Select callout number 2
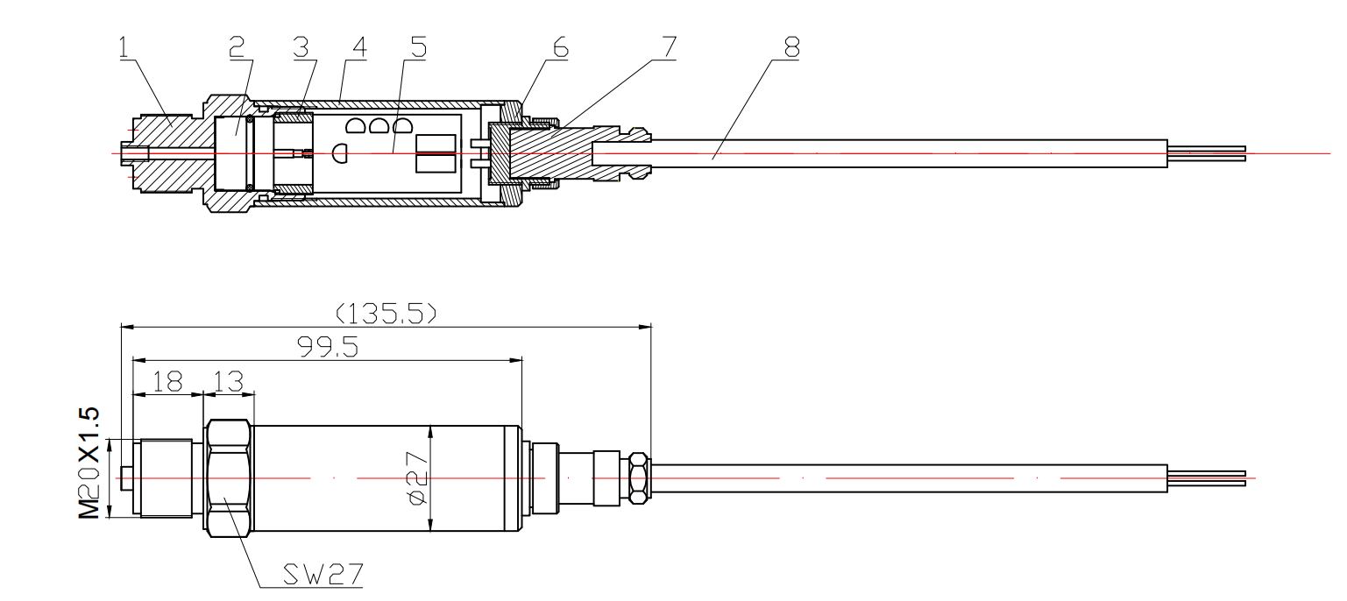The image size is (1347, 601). click(x=237, y=46)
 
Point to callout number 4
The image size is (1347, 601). click(x=358, y=46)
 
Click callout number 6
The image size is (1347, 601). click(x=559, y=46)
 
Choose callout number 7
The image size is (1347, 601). click(x=669, y=46)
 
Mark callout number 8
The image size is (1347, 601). click(x=791, y=46)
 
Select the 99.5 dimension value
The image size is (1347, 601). click(x=327, y=347)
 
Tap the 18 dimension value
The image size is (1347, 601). click(x=168, y=382)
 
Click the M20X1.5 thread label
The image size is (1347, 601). click(x=90, y=463)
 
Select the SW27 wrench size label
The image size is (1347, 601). click(x=323, y=575)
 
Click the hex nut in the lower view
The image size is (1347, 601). click(x=229, y=477)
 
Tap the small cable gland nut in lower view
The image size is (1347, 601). click(x=640, y=478)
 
